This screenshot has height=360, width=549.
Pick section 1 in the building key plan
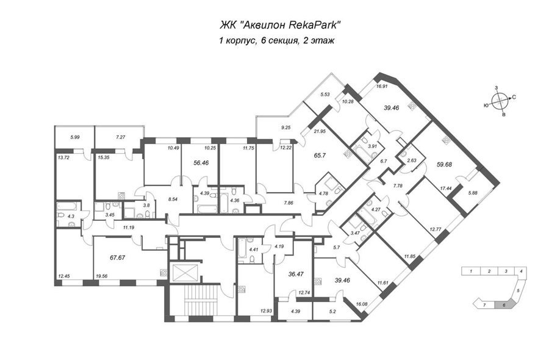[x=472, y=271]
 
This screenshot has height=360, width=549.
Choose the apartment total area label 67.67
[x=117, y=257]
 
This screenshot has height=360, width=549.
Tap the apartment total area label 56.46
[x=201, y=163]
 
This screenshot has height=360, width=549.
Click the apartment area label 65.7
[x=320, y=155]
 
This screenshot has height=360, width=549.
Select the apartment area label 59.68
[x=443, y=164]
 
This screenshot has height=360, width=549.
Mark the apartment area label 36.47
[x=295, y=274]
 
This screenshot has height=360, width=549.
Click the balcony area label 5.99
[x=75, y=137]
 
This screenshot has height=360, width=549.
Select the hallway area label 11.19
[x=129, y=227]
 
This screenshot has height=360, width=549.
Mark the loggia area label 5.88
[x=472, y=193]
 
